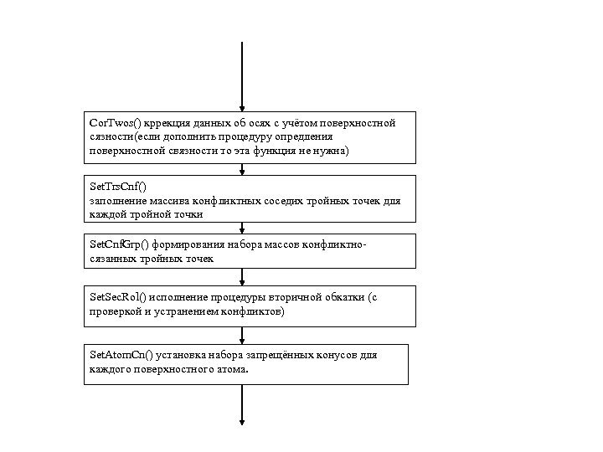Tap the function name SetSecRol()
(x=118, y=298)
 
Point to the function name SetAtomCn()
(x=120, y=355)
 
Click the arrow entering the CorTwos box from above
(x=242, y=75)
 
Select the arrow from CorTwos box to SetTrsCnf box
(x=242, y=169)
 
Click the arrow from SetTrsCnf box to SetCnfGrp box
(x=242, y=228)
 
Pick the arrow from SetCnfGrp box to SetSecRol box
(x=242, y=277)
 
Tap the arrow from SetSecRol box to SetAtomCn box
(x=242, y=335)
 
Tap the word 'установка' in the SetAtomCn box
(x=177, y=355)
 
